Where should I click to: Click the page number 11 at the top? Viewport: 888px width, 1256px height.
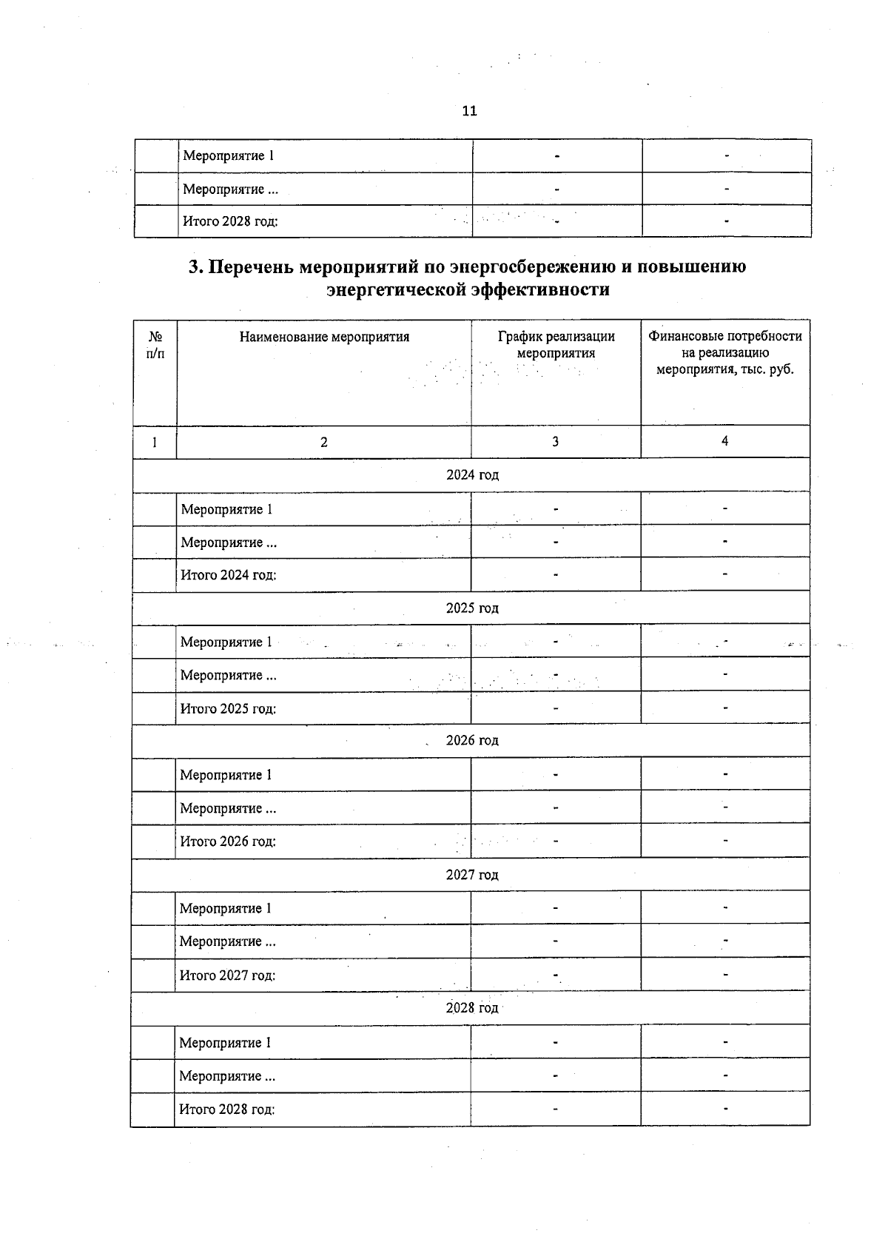click(x=469, y=111)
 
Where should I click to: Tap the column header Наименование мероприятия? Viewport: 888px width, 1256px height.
click(x=324, y=337)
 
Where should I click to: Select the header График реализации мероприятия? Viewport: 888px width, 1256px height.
click(x=556, y=345)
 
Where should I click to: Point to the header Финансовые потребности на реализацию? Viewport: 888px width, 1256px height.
click(x=725, y=345)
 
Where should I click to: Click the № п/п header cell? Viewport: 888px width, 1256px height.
click(x=155, y=345)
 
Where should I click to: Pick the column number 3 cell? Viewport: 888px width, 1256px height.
click(x=555, y=442)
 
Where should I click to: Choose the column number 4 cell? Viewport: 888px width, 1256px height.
click(x=724, y=441)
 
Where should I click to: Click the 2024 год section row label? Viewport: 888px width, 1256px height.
click(x=472, y=475)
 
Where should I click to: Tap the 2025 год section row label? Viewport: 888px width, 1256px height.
click(x=472, y=608)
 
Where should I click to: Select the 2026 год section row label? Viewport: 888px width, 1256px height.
click(x=472, y=741)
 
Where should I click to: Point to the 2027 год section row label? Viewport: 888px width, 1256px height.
click(x=472, y=875)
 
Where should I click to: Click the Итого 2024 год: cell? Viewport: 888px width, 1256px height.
click(x=229, y=575)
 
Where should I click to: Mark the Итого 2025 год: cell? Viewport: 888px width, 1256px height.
click(x=228, y=709)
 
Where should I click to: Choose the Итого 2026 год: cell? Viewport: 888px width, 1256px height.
click(x=228, y=842)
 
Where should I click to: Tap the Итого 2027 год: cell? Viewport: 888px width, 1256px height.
click(x=227, y=975)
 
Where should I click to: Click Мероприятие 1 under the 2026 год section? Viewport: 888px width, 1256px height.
click(x=226, y=776)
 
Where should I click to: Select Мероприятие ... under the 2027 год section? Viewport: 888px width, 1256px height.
click(x=228, y=942)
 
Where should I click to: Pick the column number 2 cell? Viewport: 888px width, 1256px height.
click(x=323, y=443)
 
